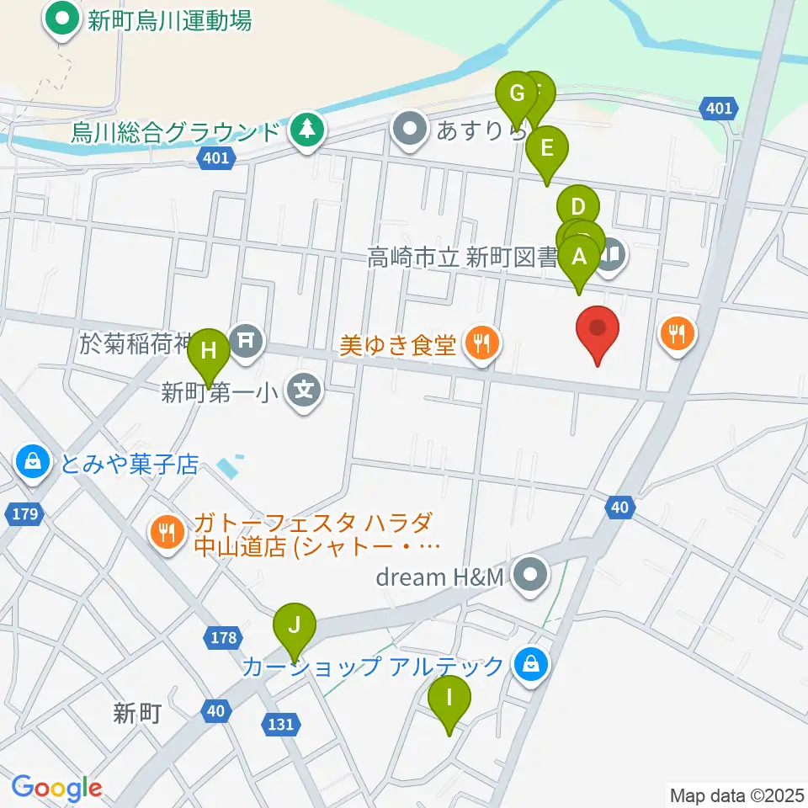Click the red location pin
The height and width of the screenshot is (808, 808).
click(598, 330)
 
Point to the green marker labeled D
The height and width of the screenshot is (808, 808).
click(577, 208)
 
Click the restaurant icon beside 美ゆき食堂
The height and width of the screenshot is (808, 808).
click(481, 343)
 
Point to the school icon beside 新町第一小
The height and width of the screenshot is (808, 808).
click(305, 391)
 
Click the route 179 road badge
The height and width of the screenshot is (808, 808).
click(25, 513)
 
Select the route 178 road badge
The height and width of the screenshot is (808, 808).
click(224, 637)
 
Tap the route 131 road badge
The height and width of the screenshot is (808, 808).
click(281, 724)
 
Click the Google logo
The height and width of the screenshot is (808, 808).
click(56, 789)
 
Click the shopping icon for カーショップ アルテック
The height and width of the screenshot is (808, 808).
click(532, 667)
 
